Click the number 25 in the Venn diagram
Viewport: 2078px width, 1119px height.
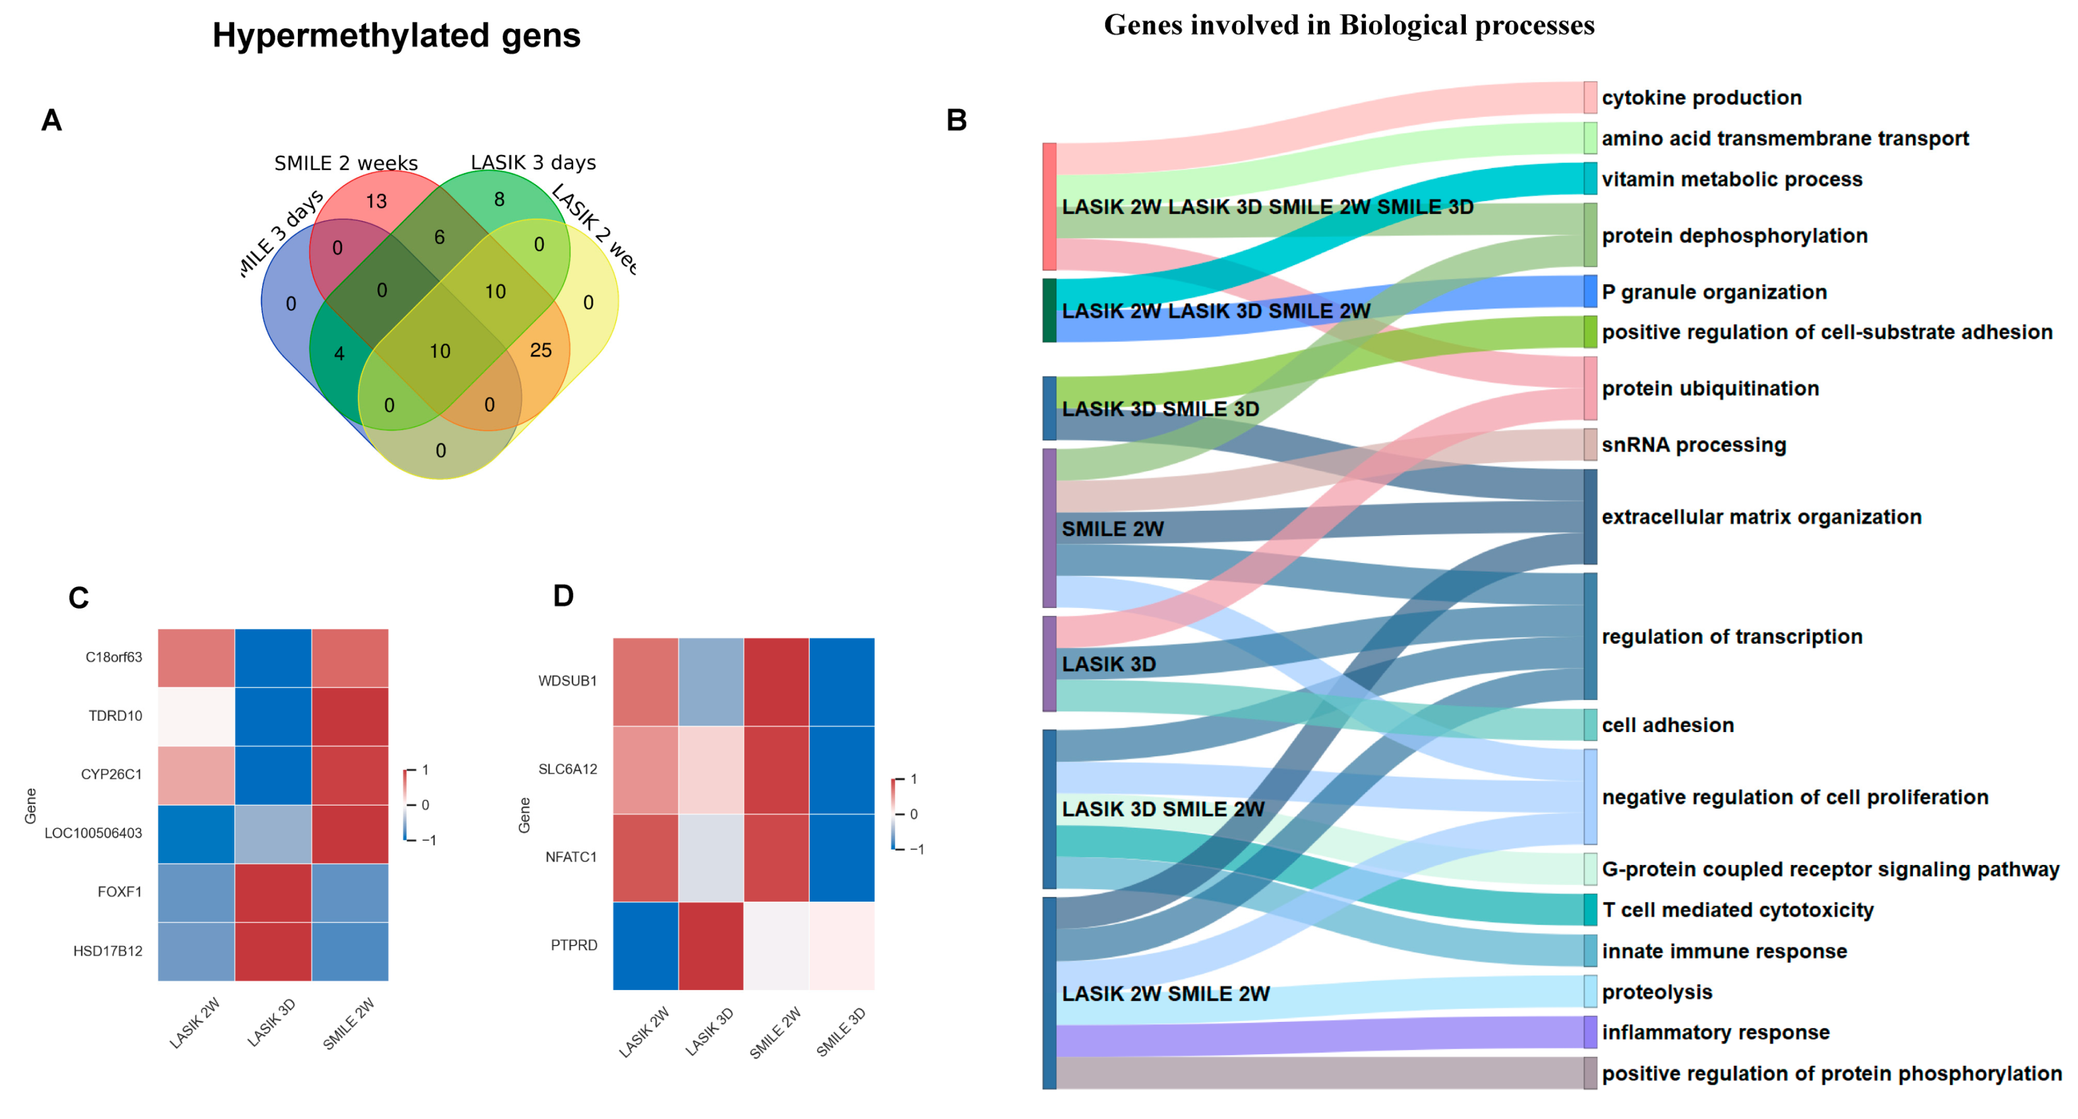[x=540, y=350]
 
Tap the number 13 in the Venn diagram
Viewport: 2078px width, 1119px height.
[x=376, y=201]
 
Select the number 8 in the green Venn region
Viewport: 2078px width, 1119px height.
[x=499, y=199]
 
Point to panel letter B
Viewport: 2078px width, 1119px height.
[x=956, y=120]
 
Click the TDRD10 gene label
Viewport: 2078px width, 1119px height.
[x=115, y=716]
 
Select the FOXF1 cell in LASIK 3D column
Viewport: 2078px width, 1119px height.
[x=273, y=892]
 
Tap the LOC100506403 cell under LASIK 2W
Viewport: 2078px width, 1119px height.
[x=196, y=834]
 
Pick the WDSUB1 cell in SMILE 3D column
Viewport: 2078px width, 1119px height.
[x=842, y=681]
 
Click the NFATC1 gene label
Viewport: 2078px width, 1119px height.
[x=571, y=857]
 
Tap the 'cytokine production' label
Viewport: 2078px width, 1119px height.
[x=1701, y=98]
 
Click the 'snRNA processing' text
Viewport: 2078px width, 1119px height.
[x=1693, y=445]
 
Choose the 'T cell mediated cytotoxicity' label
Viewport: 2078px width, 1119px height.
[x=1737, y=909]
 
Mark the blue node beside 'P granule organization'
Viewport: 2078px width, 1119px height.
[x=1589, y=291]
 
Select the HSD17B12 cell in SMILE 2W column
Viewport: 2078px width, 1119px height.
[x=349, y=951]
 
